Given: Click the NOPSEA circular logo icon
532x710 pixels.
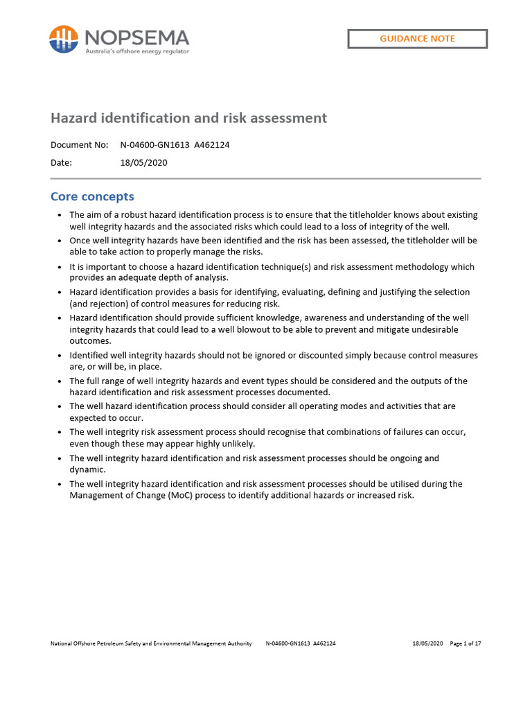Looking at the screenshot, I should (x=63, y=39).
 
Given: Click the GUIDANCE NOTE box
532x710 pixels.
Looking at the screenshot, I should (x=417, y=39).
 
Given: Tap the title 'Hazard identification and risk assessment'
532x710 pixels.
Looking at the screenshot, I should (x=188, y=118).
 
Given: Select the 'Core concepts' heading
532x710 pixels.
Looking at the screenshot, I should (x=92, y=196).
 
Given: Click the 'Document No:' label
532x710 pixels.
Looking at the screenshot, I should (x=79, y=145).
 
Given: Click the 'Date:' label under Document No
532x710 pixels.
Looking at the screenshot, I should (x=61, y=163).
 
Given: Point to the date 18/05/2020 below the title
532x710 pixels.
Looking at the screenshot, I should (x=143, y=163).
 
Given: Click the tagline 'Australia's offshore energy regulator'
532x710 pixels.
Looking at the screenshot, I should (x=136, y=51).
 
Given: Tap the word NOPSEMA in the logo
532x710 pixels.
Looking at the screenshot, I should (x=136, y=36).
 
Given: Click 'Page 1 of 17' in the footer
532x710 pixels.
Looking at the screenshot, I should (x=465, y=643).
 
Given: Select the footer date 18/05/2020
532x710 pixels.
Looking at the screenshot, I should (x=427, y=643).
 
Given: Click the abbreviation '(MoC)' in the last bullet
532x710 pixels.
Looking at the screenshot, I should (x=160, y=496).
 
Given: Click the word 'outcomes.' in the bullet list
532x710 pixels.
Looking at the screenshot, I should (x=90, y=340).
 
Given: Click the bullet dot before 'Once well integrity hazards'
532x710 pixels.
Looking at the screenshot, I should (x=60, y=241).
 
